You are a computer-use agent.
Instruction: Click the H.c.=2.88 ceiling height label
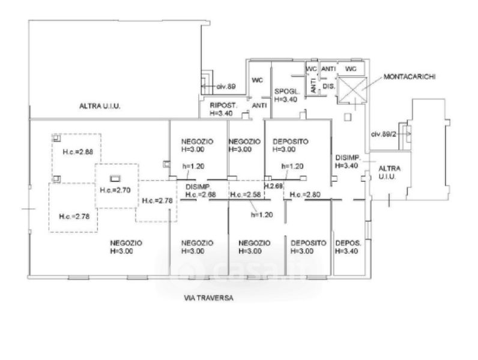pos(77,152)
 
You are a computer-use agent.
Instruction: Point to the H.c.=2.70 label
pos(115,190)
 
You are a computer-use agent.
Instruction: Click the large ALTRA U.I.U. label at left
pos(100,106)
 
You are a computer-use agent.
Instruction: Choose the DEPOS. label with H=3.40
pos(348,243)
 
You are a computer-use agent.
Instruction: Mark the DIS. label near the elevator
pos(328,86)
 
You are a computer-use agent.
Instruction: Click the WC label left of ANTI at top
pos(311,69)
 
